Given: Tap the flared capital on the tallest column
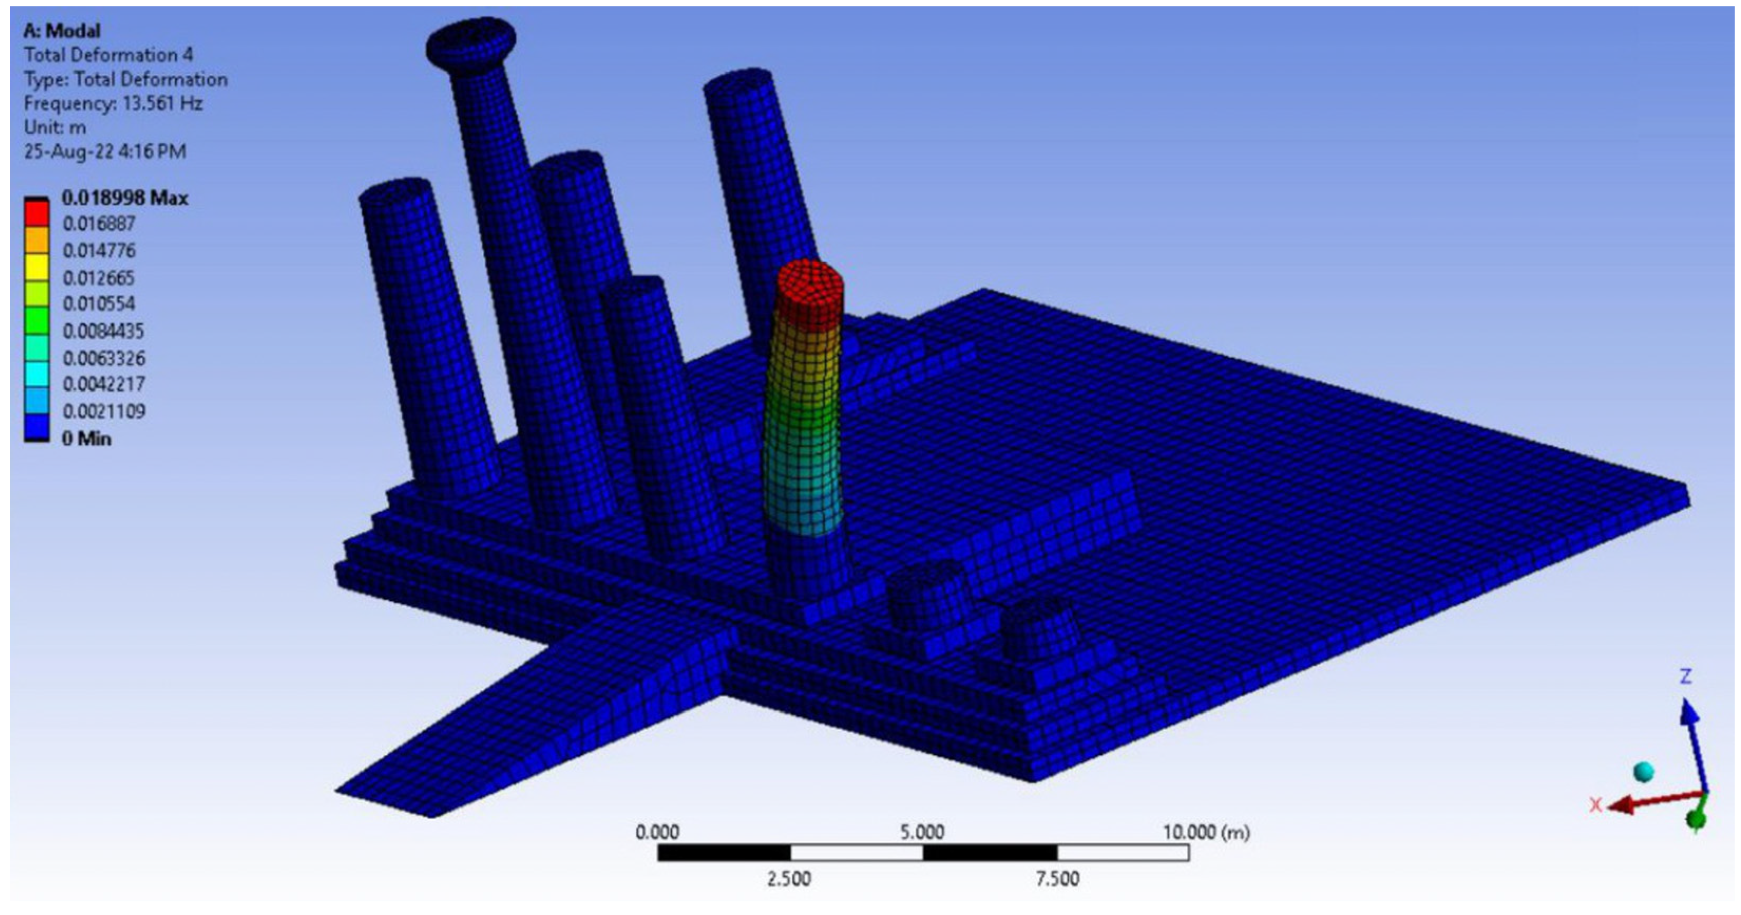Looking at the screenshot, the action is pyautogui.click(x=471, y=43).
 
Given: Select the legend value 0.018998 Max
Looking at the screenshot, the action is pyautogui.click(x=125, y=198).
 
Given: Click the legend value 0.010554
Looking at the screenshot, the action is pyautogui.click(x=99, y=304).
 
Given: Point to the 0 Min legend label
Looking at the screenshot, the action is pyautogui.click(x=86, y=439).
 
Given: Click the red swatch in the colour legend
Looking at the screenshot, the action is pyautogui.click(x=36, y=213).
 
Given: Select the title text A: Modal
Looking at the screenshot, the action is pyautogui.click(x=62, y=31).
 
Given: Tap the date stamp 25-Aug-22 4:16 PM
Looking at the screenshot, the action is pyautogui.click(x=105, y=151).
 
